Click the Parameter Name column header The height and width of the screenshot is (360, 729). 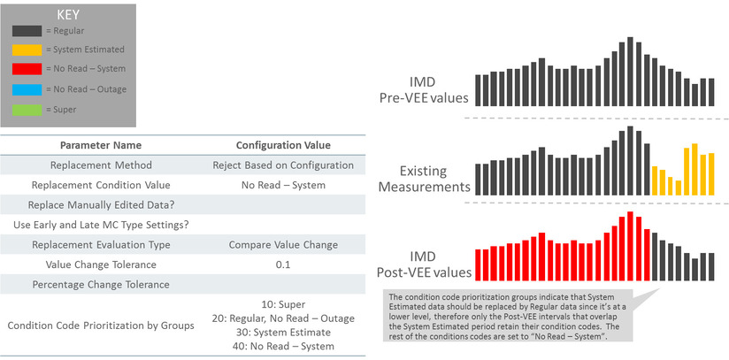point(100,145)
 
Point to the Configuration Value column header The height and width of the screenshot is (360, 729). point(283,145)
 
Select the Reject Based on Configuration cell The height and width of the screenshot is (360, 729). point(283,165)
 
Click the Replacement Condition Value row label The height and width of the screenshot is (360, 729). point(100,186)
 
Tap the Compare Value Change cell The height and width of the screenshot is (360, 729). point(283,245)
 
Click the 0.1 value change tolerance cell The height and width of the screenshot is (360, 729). point(283,265)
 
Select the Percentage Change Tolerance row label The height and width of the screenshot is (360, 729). point(100,285)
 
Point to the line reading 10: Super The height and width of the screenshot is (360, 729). point(283,304)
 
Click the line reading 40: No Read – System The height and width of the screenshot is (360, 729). point(283,346)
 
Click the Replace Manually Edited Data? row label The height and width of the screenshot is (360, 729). point(100,205)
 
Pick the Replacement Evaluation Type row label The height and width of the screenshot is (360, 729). point(100,245)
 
